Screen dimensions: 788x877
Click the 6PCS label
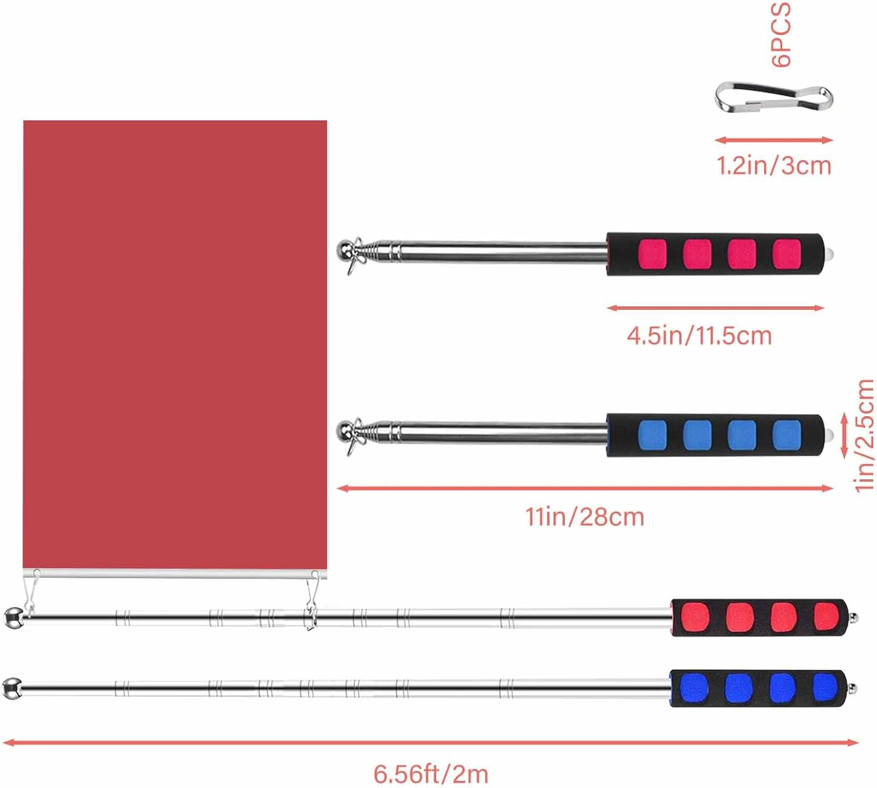pos(781,34)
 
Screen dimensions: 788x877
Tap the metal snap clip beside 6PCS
pos(773,98)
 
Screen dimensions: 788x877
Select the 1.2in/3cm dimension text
pos(774,166)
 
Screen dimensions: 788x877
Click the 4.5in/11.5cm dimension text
pos(699,336)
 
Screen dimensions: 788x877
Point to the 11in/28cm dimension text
pos(585,517)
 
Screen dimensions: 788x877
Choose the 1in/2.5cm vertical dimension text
pos(864,436)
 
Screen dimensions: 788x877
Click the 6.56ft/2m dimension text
pos(431,775)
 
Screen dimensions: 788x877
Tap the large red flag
pos(175,345)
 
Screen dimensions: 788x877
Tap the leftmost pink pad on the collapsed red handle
pos(652,254)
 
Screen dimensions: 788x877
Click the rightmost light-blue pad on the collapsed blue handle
pos(786,435)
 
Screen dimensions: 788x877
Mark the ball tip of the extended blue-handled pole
pos(11,688)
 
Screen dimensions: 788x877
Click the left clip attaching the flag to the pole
pos(30,590)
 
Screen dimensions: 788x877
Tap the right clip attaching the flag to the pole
pos(312,593)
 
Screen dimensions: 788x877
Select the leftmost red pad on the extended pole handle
pos(695,617)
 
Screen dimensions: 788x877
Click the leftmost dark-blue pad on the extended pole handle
pos(694,688)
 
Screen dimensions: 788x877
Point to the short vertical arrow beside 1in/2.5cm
pos(844,436)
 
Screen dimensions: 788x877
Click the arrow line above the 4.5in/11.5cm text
pos(715,308)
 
